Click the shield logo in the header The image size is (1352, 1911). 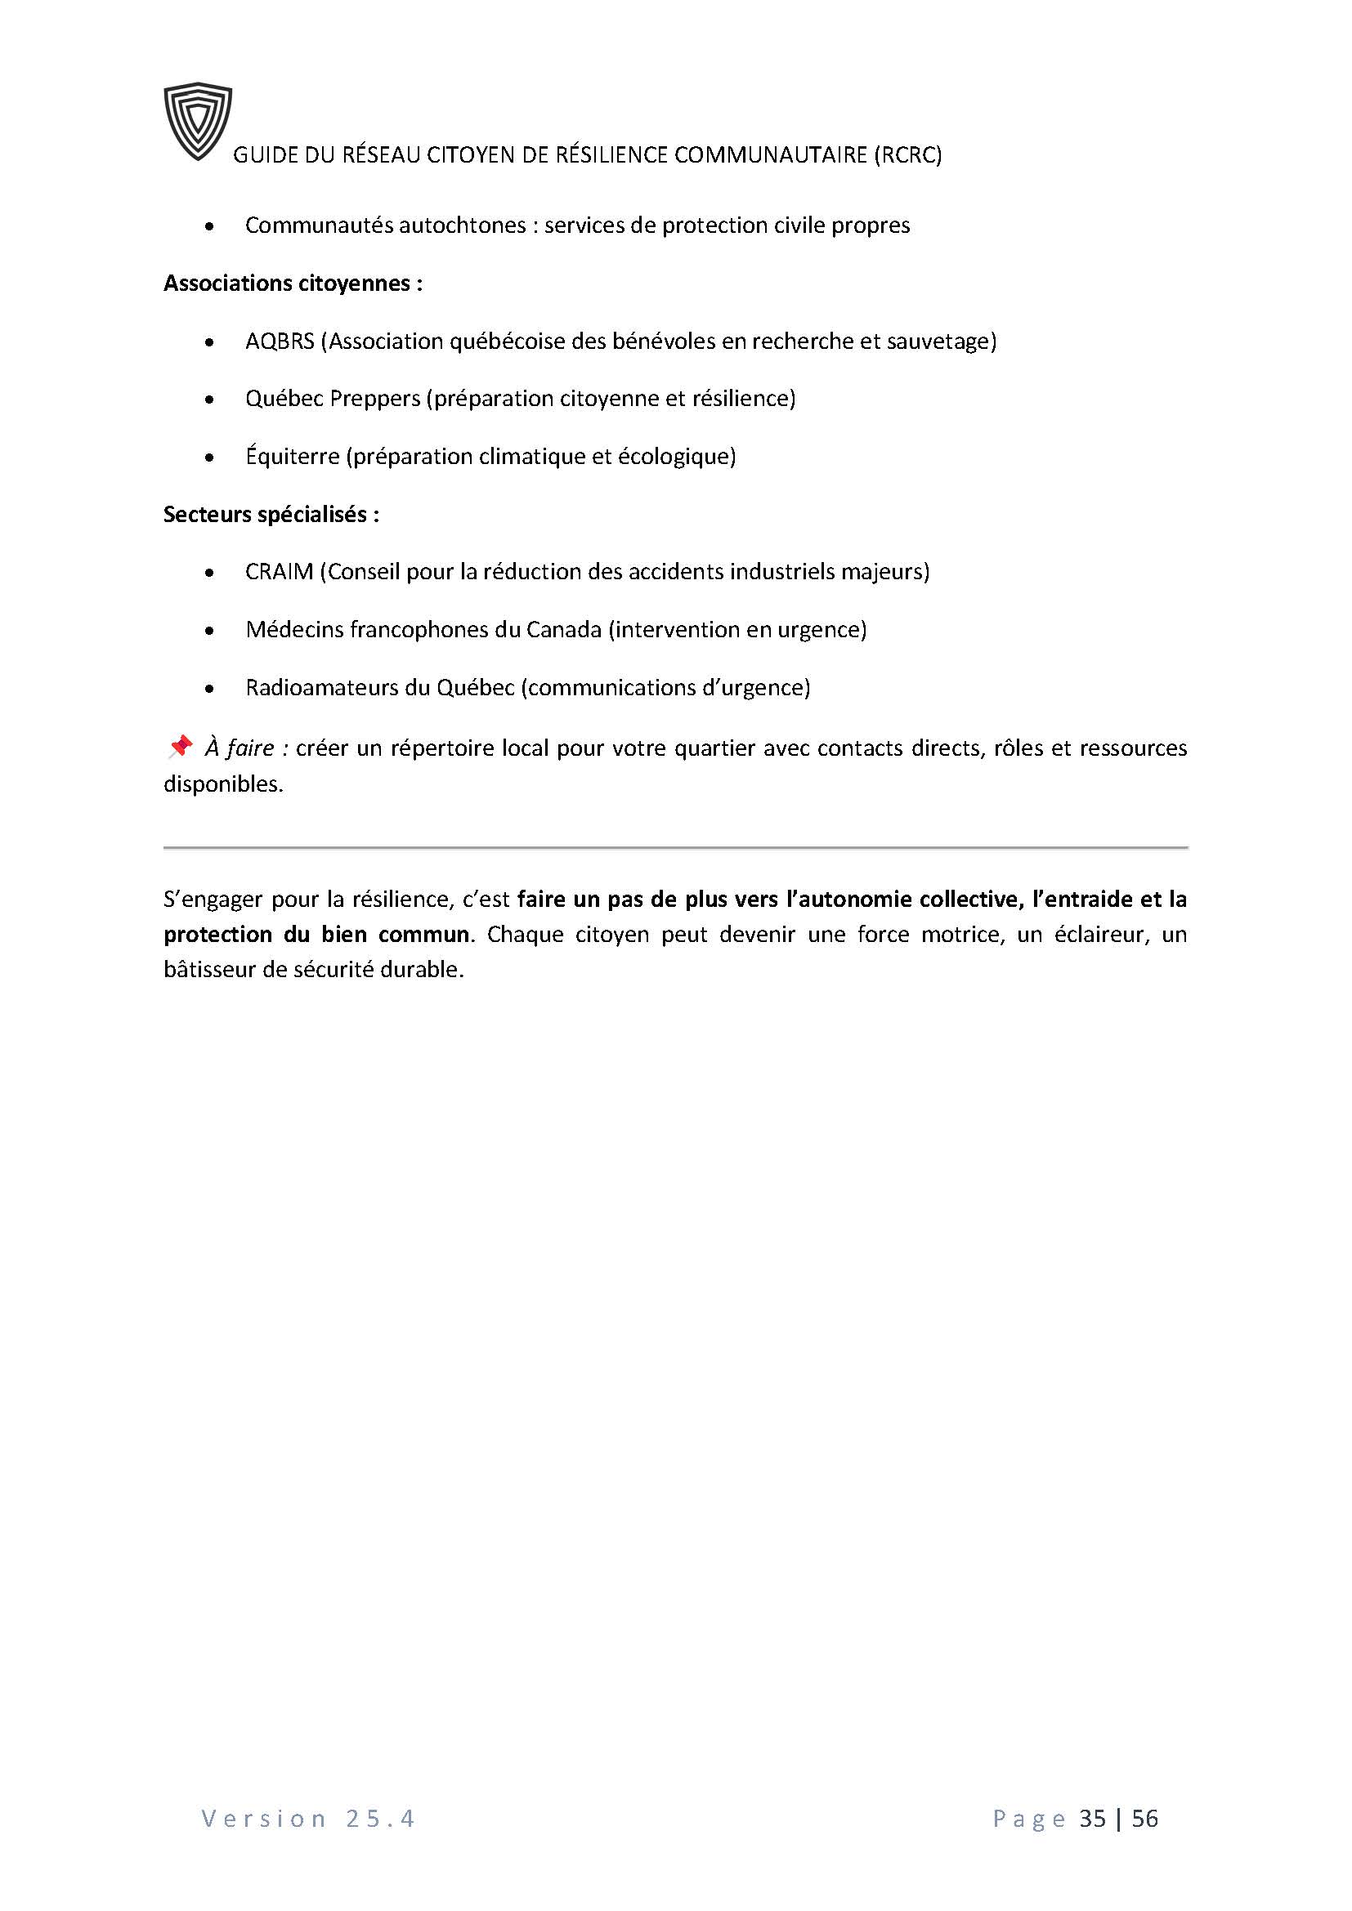pos(197,120)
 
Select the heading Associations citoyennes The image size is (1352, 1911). pos(292,284)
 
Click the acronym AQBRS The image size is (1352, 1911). pos(280,342)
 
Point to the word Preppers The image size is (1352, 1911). pos(375,399)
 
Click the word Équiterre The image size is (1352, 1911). pos(292,456)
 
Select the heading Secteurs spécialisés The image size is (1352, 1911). pos(271,515)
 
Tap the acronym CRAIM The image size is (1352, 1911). pos(279,572)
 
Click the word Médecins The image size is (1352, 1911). pos(294,630)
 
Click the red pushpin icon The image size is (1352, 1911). pos(180,747)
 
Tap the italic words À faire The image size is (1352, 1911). pos(240,748)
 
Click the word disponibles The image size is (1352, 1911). pos(222,784)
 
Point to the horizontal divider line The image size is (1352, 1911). pos(675,847)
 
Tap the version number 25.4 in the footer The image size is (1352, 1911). pos(379,1819)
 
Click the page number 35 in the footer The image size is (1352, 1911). pos(1092,1819)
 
